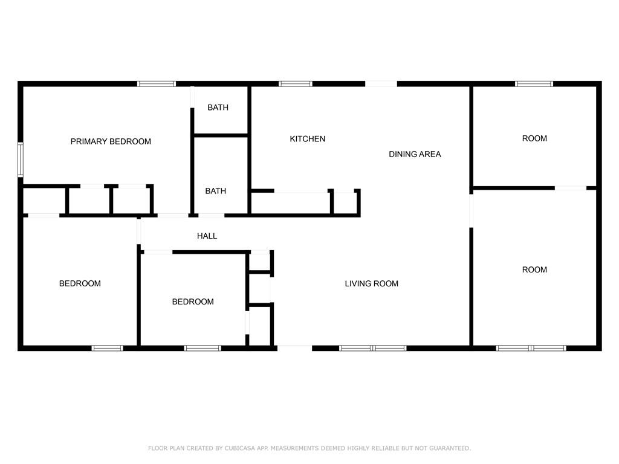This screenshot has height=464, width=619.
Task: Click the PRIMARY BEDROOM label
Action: point(111,141)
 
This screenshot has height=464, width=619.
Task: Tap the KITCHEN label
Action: point(308,139)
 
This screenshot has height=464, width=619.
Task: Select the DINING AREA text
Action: point(415,154)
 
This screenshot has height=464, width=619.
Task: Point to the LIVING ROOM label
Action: point(371,283)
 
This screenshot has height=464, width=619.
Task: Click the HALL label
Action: point(207,236)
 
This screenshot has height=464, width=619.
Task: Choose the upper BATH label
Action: point(218,108)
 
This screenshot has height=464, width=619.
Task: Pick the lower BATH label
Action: point(215,191)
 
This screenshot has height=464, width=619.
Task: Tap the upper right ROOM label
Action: point(534,138)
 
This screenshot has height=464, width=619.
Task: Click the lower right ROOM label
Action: point(534,269)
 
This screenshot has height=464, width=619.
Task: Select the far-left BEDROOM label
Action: point(80,283)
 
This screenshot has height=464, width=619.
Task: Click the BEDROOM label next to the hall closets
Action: point(193,301)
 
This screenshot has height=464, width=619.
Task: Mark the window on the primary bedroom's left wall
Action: point(20,159)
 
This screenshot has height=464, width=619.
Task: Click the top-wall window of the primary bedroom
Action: point(157,83)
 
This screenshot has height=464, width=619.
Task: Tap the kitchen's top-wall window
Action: point(296,83)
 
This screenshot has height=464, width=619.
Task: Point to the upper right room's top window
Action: point(534,83)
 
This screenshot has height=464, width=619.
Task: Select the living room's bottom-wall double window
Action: point(373,348)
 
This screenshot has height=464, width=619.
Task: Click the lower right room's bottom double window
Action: point(531,348)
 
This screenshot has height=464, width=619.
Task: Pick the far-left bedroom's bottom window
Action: point(108,348)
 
